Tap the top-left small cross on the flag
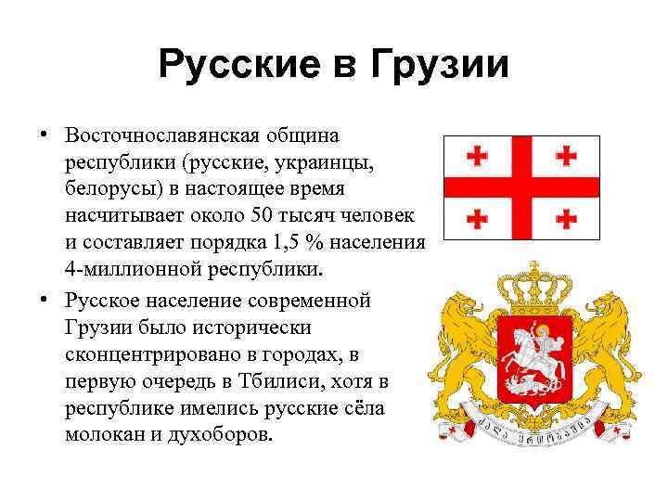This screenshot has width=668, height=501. (x=478, y=156)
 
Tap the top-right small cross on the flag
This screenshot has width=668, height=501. (x=566, y=156)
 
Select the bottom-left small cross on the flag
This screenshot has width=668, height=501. (x=478, y=218)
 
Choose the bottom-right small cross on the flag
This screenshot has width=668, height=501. (x=566, y=218)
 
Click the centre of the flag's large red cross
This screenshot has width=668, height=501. (x=521, y=186)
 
